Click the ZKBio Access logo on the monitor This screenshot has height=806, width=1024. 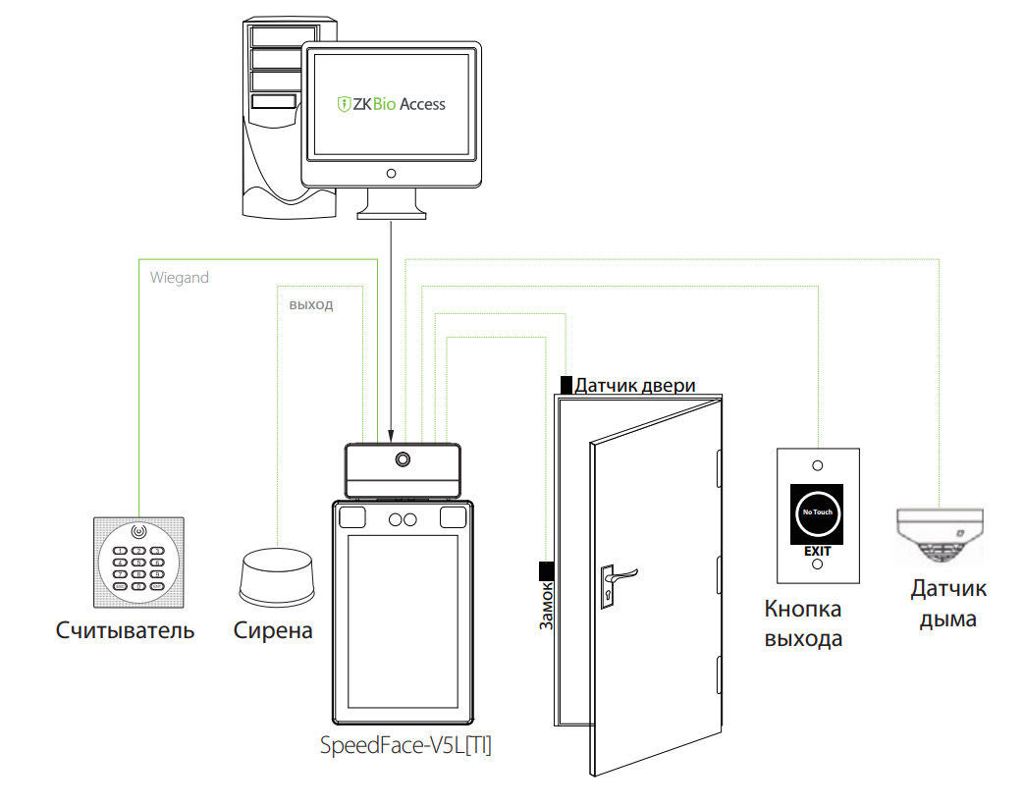(391, 104)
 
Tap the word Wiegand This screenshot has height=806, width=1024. (180, 278)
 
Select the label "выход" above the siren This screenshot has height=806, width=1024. (310, 305)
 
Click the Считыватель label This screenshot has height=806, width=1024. (125, 630)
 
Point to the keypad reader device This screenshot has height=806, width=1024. (137, 561)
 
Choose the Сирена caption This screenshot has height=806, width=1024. (273, 630)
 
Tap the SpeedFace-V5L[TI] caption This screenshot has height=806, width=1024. (405, 745)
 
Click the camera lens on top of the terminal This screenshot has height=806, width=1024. (403, 459)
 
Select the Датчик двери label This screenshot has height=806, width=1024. (635, 386)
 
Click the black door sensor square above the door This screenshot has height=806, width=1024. (566, 384)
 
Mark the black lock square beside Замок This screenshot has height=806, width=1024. (546, 570)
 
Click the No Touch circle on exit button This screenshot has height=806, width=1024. (817, 513)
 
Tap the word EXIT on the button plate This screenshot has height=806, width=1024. (818, 552)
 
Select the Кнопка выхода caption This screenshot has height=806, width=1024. (803, 623)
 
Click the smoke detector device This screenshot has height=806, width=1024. (939, 537)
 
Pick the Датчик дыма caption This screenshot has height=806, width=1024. (947, 604)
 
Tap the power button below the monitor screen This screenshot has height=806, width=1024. (391, 174)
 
